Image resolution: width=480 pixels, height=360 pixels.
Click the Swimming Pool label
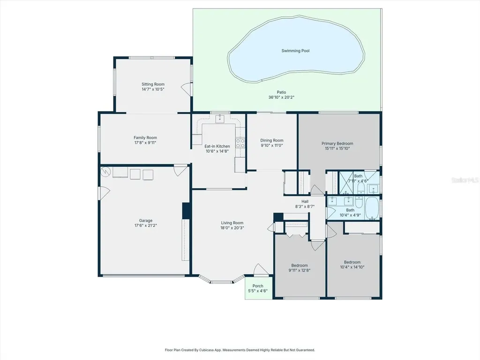tap(295, 51)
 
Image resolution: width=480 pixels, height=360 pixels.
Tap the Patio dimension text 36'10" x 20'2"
tap(281, 97)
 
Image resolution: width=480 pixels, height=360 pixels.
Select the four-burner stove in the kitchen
tap(240, 143)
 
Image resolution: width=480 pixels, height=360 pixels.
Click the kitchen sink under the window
tap(220, 119)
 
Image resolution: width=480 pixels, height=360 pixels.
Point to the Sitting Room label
tap(153, 84)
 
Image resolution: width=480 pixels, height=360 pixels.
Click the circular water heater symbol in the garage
tap(105, 172)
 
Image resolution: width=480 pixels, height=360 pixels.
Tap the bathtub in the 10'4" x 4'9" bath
tap(372, 208)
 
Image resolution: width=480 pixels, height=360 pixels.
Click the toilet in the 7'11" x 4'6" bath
tap(361, 187)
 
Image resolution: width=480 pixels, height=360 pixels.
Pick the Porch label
tap(258, 286)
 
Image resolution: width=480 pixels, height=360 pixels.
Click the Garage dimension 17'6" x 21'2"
tap(146, 225)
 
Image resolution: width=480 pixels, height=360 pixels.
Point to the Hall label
tap(305, 202)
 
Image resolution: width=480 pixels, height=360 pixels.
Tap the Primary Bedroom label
tap(337, 143)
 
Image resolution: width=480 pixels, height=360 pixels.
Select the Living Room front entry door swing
tap(261, 270)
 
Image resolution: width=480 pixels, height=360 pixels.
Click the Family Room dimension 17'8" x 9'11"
tap(145, 142)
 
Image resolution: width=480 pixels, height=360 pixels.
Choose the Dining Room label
tap(272, 140)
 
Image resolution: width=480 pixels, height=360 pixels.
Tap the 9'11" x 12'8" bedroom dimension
tap(300, 270)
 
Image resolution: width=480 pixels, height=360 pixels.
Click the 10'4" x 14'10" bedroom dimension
tap(352, 267)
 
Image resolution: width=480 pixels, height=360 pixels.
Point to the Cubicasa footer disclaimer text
tap(240, 350)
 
